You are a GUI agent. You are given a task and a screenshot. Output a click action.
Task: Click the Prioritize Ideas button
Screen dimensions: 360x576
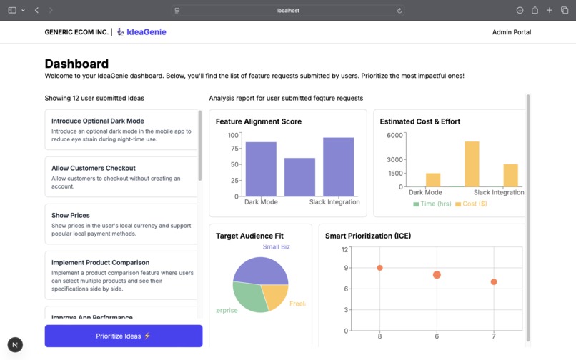[123, 336]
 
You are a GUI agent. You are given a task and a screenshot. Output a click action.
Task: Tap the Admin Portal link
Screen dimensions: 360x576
[512, 32]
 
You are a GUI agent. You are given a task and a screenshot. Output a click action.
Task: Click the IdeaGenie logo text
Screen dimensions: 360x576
[146, 32]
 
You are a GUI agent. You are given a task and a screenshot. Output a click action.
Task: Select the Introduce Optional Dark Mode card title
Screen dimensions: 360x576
[97, 121]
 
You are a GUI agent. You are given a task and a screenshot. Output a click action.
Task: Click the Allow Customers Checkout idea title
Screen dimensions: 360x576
[93, 168]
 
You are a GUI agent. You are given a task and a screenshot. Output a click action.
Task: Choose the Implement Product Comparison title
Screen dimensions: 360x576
[100, 262]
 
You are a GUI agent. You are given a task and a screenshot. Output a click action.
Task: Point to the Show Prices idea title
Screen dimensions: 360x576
[70, 215]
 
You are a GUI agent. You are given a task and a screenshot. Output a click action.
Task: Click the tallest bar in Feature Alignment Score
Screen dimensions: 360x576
[338, 166]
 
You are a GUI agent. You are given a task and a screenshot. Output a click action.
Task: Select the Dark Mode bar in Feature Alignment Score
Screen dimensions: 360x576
[261, 169]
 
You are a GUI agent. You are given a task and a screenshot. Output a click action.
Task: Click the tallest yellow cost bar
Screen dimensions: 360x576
[472, 164]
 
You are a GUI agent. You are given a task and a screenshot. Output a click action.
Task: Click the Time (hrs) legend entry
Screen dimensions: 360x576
[433, 204]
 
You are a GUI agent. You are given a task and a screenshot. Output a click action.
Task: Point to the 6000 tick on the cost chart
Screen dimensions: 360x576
[395, 135]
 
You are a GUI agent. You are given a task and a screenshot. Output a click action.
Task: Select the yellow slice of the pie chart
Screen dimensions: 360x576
[274, 296]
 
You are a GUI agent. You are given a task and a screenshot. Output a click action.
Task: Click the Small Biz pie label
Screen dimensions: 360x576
[277, 247]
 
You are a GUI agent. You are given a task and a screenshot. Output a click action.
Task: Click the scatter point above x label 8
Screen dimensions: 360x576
[379, 268]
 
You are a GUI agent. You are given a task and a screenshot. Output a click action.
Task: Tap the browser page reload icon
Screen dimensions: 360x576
[399, 11]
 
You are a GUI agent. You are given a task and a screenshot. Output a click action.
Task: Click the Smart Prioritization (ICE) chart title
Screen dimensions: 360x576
[368, 236]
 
